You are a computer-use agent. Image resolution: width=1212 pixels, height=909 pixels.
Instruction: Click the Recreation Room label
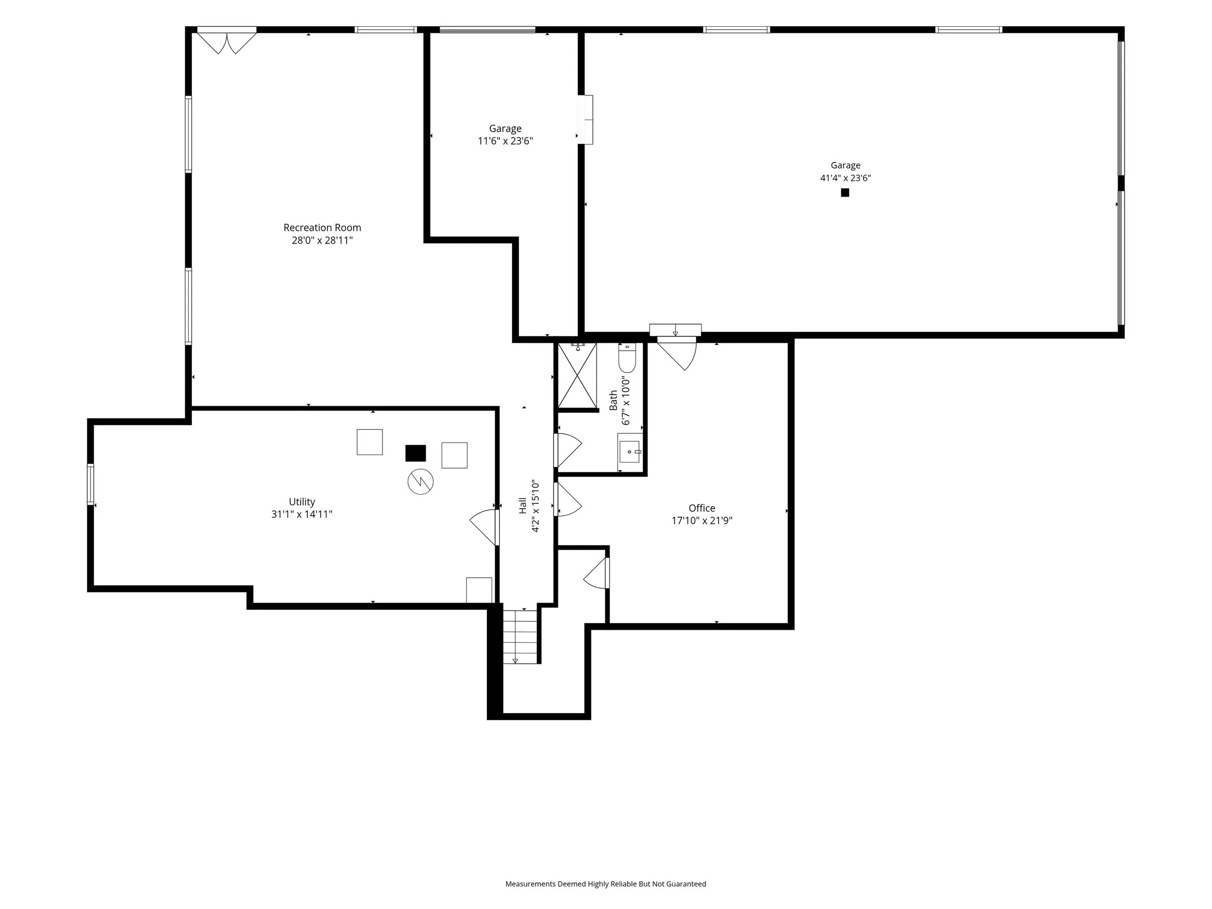322,227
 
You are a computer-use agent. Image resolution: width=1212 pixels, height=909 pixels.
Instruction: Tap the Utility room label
302,502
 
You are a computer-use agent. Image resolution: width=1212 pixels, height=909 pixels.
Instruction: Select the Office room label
702,508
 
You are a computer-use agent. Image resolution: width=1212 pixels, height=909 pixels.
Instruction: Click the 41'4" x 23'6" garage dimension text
845,177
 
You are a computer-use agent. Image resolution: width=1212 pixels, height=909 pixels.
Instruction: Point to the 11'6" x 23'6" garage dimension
505,141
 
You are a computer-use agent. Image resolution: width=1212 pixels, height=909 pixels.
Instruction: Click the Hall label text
523,505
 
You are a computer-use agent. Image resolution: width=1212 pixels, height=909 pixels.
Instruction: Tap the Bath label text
614,400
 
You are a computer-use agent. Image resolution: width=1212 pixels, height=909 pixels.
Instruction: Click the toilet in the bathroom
627,357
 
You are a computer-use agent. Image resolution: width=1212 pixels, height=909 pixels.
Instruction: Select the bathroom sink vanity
630,451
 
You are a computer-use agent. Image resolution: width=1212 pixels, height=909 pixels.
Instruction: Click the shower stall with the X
577,375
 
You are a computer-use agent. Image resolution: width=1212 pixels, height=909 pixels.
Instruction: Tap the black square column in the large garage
845,192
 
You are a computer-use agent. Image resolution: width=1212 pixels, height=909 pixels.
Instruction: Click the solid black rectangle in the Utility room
415,453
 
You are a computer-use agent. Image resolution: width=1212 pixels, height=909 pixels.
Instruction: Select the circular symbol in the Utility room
420,481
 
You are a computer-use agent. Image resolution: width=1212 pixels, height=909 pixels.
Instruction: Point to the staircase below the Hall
521,636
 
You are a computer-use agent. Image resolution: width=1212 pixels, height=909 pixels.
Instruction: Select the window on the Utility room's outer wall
90,484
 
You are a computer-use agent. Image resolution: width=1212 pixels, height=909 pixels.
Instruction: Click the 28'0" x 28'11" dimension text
322,240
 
